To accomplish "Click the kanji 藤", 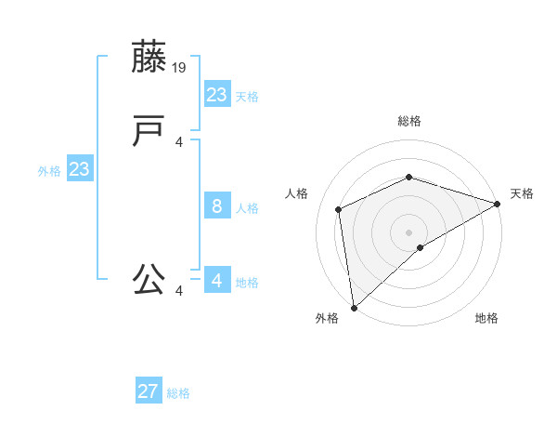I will point(149,58).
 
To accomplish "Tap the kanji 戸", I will point(149,131).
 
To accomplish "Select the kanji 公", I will point(149,279).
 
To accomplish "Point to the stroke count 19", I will point(180,67).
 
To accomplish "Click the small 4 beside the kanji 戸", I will point(179,141).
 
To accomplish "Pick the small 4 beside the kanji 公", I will point(179,291).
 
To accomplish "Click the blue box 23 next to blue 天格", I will point(216,95).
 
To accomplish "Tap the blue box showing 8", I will point(216,206).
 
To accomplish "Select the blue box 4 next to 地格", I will point(216,280).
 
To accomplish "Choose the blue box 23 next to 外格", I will point(79,169).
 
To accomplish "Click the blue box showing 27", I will point(149,391).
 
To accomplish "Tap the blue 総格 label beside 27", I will point(178,393).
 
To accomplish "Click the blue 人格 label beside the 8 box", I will point(247,208).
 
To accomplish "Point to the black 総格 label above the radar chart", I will point(408,121).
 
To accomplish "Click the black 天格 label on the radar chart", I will point(522,193).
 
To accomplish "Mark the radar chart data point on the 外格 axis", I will point(354,307).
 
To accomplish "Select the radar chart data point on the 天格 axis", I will point(498,204).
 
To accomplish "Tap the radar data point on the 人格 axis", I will point(339,209).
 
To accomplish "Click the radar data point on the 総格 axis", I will point(408,177).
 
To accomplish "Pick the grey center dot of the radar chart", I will point(408,232).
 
